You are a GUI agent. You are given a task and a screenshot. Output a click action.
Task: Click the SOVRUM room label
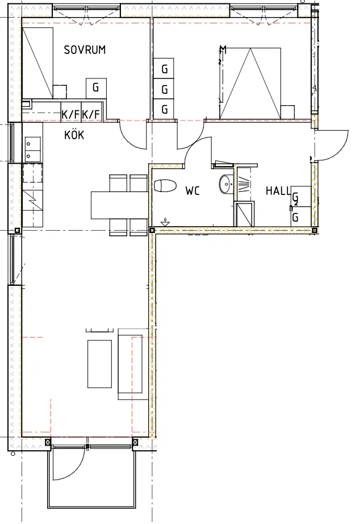click(x=85, y=50)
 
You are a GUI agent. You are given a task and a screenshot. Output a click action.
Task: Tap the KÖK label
click(x=74, y=135)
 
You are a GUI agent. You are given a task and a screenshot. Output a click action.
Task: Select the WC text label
click(x=192, y=191)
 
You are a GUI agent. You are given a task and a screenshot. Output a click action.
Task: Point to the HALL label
click(x=278, y=191)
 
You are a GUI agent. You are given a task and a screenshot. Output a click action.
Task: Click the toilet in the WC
click(x=165, y=186)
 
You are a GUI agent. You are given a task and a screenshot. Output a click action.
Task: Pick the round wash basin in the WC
click(x=225, y=184)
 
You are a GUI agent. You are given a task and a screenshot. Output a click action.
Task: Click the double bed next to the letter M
click(x=250, y=83)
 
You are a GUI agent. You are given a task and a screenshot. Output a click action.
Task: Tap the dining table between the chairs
click(x=119, y=205)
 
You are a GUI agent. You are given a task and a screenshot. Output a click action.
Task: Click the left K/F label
click(x=71, y=114)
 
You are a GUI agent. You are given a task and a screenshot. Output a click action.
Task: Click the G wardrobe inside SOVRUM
click(x=96, y=88)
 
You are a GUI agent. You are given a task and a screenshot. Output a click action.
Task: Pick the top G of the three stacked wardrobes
click(x=165, y=69)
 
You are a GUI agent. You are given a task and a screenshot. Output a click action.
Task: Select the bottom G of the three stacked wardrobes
click(x=165, y=109)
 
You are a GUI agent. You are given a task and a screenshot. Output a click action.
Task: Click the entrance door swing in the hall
click(x=332, y=145)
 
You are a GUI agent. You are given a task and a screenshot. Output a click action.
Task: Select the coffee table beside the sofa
click(x=100, y=363)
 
